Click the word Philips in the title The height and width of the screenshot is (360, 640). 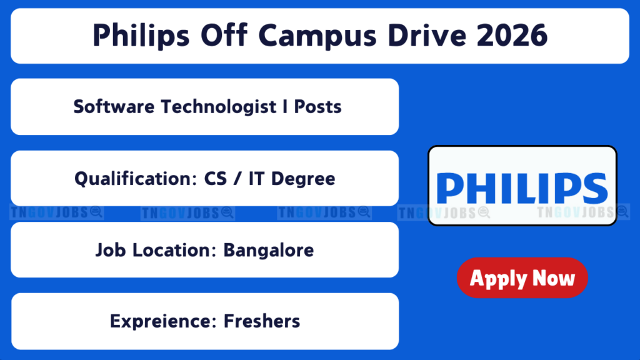tap(141, 36)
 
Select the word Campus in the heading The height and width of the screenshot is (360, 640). tap(317, 36)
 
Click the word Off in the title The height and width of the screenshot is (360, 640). tap(224, 35)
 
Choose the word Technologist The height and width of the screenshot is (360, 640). tap(218, 107)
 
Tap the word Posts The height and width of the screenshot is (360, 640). tap(317, 107)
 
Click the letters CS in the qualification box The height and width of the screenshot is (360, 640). tap(215, 179)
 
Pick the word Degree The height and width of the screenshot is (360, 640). tap(303, 179)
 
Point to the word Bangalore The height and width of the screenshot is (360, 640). tap(269, 251)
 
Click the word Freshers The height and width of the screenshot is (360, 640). tap(262, 321)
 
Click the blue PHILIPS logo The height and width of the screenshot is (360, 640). tap(522, 188)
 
